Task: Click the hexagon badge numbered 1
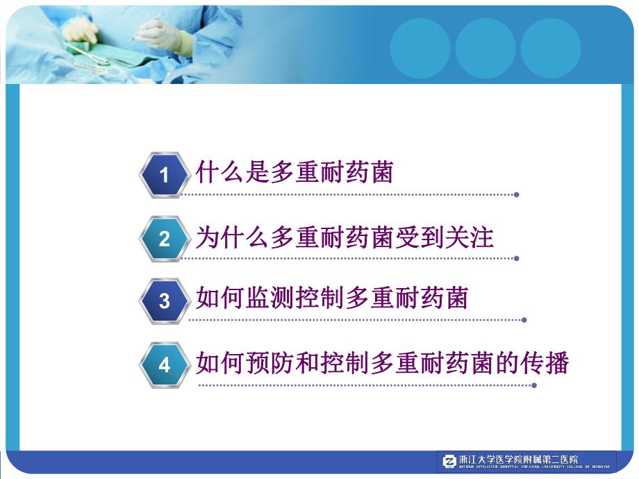click(x=165, y=175)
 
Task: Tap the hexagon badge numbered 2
click(x=165, y=239)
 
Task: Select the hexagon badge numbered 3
click(x=165, y=301)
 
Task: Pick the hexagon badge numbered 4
click(x=165, y=365)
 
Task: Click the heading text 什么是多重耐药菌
click(x=294, y=172)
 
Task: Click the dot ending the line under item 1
click(x=516, y=194)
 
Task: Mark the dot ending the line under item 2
click(x=516, y=258)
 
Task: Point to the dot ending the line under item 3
click(x=524, y=320)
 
